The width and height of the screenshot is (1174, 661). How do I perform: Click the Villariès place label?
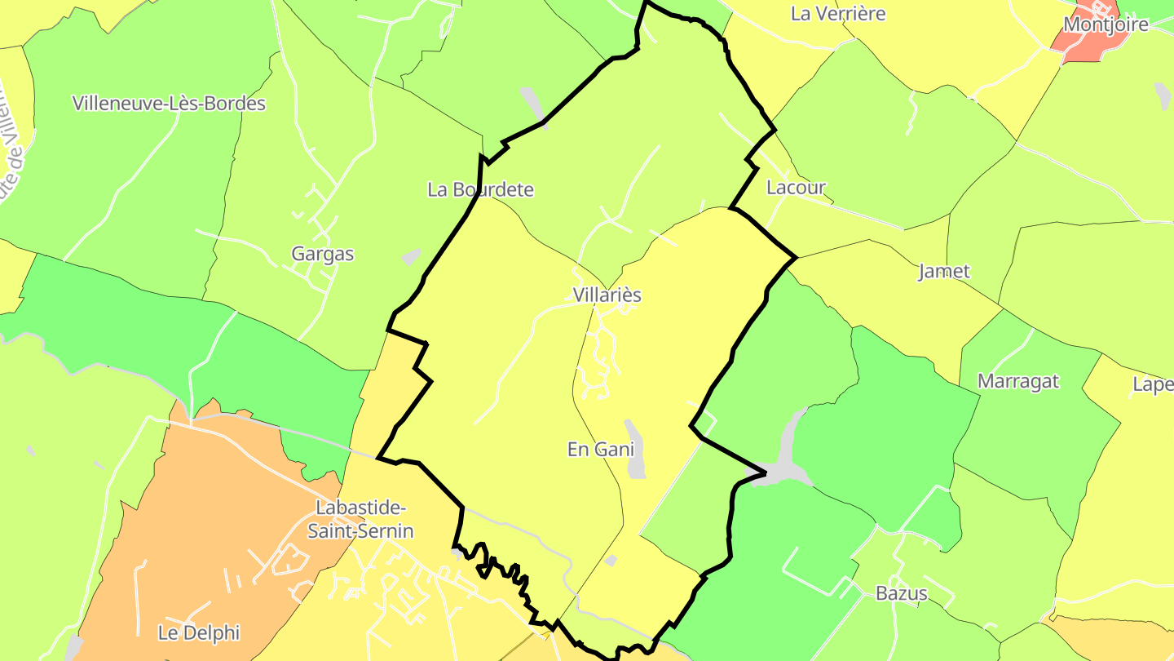(607, 295)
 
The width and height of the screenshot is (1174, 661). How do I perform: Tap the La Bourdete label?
(480, 190)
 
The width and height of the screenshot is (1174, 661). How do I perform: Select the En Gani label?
(600, 449)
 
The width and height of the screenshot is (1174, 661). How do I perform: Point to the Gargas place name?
(323, 254)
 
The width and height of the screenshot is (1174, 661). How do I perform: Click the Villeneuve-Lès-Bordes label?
(169, 104)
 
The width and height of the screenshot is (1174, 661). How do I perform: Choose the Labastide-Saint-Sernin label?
(360, 520)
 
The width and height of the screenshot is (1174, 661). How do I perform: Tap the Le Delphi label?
(199, 632)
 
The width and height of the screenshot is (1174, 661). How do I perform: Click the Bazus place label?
(901, 593)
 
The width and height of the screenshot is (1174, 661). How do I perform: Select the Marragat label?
(1018, 381)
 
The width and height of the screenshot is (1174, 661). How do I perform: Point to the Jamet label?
(944, 271)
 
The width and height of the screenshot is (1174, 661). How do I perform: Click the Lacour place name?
(796, 188)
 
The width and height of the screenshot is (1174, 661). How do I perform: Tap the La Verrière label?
(838, 14)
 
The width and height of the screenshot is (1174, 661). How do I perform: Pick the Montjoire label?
(1106, 24)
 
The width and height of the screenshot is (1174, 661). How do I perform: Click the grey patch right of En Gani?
(634, 450)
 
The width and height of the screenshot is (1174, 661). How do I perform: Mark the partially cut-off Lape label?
(1153, 385)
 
